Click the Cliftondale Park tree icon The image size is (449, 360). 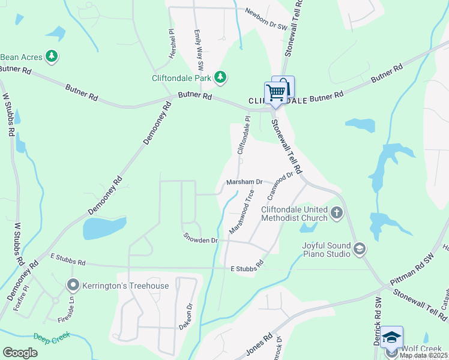(x=221, y=77)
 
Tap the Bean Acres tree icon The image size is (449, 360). (x=52, y=57)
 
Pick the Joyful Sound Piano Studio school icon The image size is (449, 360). (x=359, y=248)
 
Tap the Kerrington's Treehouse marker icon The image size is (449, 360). (x=74, y=286)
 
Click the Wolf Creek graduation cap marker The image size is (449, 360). (x=391, y=337)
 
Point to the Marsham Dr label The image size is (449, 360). (x=244, y=182)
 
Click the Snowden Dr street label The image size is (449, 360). (x=200, y=240)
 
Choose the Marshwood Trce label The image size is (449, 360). (x=241, y=211)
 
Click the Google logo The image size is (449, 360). (x=20, y=353)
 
